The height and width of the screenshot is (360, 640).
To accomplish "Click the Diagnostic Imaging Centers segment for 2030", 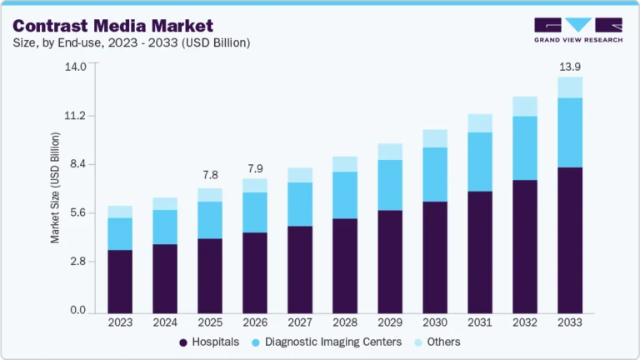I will coord(435,174).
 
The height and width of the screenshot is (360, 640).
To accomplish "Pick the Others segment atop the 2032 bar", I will coord(525,106).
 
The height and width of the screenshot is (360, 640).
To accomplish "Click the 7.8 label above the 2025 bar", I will coord(210,175).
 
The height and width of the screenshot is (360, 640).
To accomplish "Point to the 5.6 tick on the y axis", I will coord(77,213).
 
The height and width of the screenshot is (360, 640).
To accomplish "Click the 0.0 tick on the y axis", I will coord(77,311).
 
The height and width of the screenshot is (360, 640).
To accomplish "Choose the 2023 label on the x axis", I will coord(120,322).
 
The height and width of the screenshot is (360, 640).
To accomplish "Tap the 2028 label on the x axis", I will coord(345,322).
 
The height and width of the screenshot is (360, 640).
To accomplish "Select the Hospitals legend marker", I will coord(183,342).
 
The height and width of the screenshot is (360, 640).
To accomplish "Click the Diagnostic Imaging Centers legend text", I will coord(333,342).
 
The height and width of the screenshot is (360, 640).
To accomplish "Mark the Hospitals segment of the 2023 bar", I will coord(120,281).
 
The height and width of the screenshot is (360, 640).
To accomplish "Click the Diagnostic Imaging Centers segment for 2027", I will coord(300,204).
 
